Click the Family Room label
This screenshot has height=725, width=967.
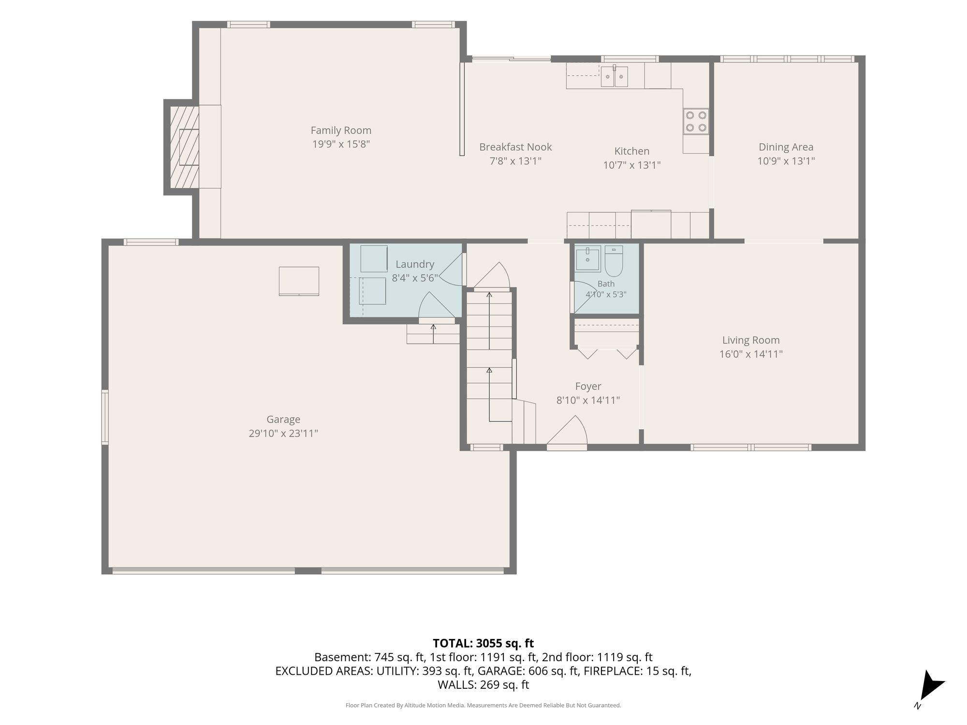click(341, 130)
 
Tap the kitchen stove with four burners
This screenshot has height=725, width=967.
click(696, 121)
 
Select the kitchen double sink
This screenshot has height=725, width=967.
click(615, 76)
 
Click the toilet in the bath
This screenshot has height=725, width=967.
click(614, 261)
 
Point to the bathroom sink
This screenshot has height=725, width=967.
click(588, 259)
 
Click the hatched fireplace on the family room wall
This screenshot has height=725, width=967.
click(184, 147)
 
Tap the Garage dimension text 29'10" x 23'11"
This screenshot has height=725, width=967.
click(283, 434)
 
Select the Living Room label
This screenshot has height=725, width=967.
click(751, 340)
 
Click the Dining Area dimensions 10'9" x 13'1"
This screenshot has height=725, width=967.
click(786, 161)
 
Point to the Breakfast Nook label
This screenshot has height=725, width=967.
click(515, 147)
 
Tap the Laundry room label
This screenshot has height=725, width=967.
click(415, 264)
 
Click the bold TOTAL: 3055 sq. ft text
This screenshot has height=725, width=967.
click(483, 643)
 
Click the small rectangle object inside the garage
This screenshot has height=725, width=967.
click(299, 281)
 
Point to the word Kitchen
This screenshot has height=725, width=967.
click(632, 151)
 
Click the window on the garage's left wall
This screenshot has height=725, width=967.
click(104, 417)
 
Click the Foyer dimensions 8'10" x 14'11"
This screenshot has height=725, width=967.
click(588, 400)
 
